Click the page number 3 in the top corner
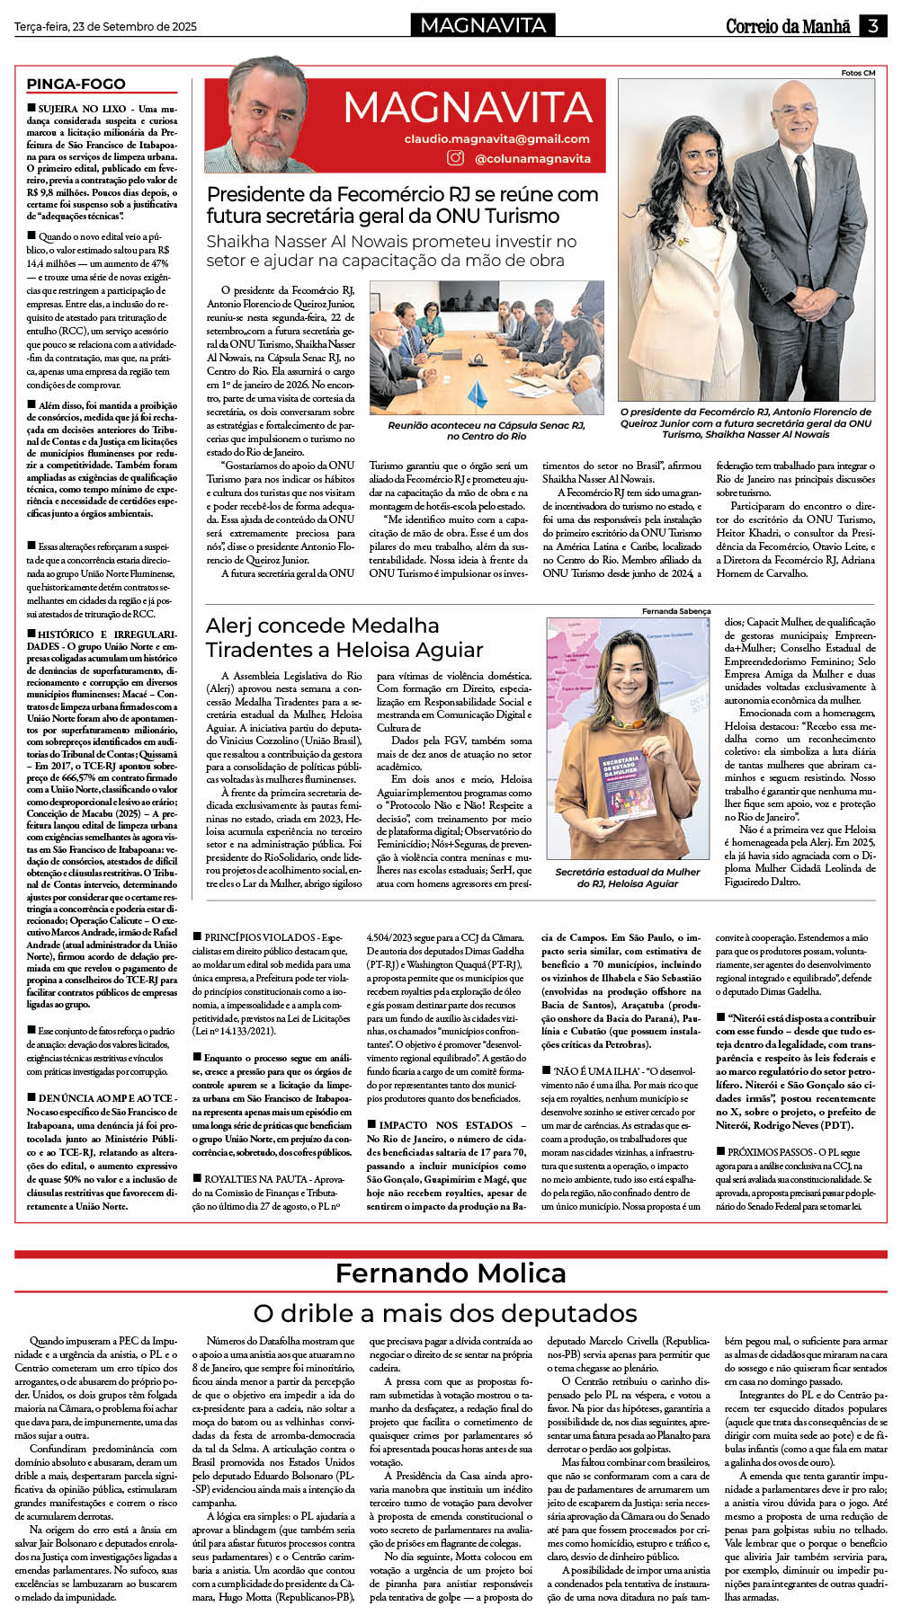[873, 26]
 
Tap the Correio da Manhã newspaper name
[788, 26]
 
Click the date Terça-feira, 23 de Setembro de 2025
[105, 27]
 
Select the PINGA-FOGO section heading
[76, 84]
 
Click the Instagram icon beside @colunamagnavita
[456, 158]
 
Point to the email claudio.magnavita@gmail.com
[496, 138]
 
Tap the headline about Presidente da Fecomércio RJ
[402, 205]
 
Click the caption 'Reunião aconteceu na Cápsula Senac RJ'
[487, 430]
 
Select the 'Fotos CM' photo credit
[858, 73]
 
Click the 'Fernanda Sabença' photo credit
[676, 611]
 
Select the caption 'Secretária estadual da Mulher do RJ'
[627, 877]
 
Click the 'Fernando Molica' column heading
[451, 1273]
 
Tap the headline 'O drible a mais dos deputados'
[445, 1313]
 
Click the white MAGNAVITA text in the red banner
[468, 108]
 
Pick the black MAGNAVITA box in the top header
[483, 25]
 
